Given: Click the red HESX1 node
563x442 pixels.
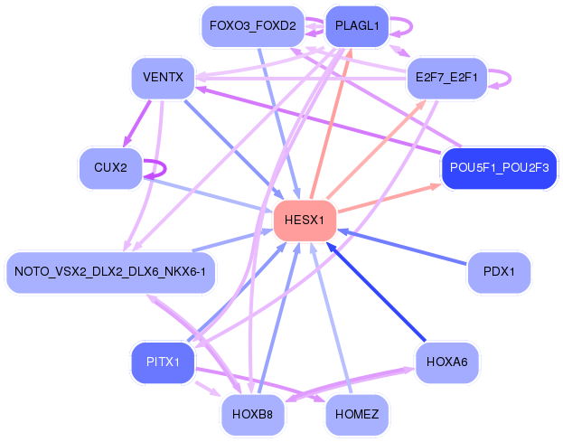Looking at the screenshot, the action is [305, 221].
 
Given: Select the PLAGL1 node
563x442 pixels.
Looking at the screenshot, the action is [357, 26].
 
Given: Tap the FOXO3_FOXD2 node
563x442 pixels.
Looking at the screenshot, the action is [253, 26].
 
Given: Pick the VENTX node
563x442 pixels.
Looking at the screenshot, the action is [163, 78].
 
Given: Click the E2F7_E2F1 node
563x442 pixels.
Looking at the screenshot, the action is [446, 78].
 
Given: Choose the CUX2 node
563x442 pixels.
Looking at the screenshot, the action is [110, 168].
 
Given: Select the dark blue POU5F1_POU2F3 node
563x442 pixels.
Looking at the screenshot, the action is [499, 168].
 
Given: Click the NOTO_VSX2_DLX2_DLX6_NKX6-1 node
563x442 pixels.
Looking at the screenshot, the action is [110, 272].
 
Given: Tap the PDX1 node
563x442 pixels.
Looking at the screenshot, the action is [499, 272].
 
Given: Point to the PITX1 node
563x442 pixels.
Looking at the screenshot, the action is [163, 362].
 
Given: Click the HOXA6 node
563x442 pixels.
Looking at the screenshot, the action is [446, 362].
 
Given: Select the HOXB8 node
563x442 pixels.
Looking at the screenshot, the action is [253, 415].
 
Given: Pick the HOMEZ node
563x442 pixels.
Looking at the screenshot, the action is [357, 415].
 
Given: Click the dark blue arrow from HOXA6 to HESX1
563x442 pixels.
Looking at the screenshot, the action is [376, 292].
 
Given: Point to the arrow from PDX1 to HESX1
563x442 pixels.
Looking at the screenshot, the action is [402, 247].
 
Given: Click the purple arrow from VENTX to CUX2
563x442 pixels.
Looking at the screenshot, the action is [136, 124].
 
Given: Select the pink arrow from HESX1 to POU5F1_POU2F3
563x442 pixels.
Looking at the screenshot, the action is [389, 199].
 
